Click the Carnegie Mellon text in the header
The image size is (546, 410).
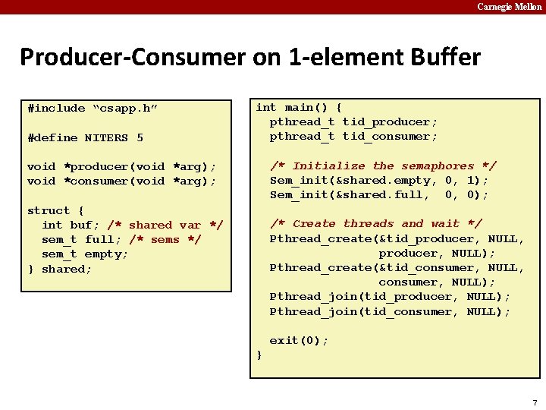pyautogui.click(x=509, y=7)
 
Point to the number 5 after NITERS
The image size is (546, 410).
pyautogui.click(x=140, y=138)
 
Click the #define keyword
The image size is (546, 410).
pyautogui.click(x=52, y=138)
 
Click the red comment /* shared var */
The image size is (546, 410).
pyautogui.click(x=165, y=225)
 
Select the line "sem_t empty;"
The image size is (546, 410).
pyautogui.click(x=85, y=254)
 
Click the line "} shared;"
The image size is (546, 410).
pyautogui.click(x=60, y=269)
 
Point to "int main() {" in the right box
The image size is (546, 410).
pyautogui.click(x=299, y=108)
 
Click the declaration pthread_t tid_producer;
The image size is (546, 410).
pyautogui.click(x=353, y=122)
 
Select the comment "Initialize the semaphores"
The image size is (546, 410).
pyautogui.click(x=383, y=166)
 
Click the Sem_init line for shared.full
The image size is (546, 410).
pyautogui.click(x=379, y=195)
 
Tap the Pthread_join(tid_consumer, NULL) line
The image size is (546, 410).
pyautogui.click(x=390, y=312)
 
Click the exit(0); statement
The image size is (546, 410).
pyautogui.click(x=299, y=341)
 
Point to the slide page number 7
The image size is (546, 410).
pyautogui.click(x=535, y=402)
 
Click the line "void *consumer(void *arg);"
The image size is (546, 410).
pyautogui.click(x=121, y=181)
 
